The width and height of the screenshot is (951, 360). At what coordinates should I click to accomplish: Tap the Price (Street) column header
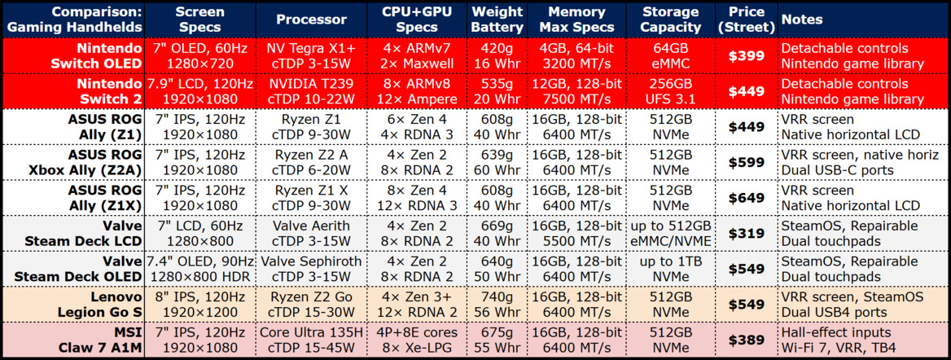click(746, 20)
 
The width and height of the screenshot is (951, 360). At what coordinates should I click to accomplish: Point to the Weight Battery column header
click(497, 20)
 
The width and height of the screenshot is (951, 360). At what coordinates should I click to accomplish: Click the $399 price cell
click(746, 56)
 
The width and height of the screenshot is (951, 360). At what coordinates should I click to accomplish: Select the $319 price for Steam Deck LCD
click(746, 233)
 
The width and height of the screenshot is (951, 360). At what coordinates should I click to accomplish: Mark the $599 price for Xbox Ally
click(746, 162)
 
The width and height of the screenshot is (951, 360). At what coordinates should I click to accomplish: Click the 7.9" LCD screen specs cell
click(200, 91)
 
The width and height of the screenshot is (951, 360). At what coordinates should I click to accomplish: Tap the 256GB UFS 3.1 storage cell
click(670, 91)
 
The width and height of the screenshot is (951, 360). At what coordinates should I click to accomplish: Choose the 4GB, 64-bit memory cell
click(576, 56)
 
